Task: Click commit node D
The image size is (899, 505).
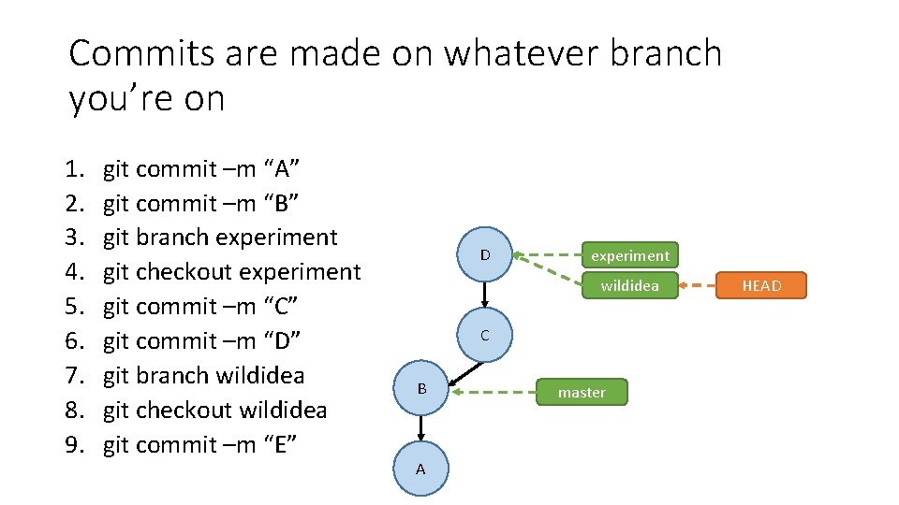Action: pyautogui.click(x=484, y=255)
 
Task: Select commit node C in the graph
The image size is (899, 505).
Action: pyautogui.click(x=484, y=335)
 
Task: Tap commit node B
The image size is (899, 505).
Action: pyautogui.click(x=421, y=387)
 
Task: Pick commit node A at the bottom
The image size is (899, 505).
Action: pyautogui.click(x=420, y=469)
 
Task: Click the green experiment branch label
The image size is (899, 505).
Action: pyautogui.click(x=629, y=255)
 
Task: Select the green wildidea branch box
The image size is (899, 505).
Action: pyautogui.click(x=629, y=285)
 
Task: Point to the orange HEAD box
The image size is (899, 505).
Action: pyautogui.click(x=761, y=285)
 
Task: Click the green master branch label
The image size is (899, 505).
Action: pyautogui.click(x=582, y=392)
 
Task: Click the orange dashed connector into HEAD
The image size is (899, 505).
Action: pyautogui.click(x=696, y=285)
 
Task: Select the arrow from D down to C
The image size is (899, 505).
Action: pyautogui.click(x=484, y=294)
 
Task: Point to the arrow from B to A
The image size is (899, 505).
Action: pyautogui.click(x=421, y=426)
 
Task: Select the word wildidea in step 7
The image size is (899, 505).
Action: pyautogui.click(x=258, y=376)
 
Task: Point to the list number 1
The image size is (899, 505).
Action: pyautogui.click(x=75, y=169)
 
